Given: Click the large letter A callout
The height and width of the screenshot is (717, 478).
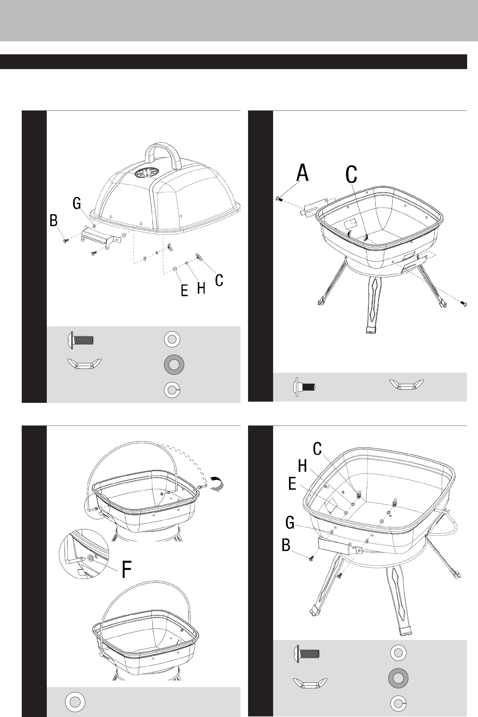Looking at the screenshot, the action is (302, 173).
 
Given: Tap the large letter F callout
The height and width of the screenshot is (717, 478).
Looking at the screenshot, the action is (127, 569).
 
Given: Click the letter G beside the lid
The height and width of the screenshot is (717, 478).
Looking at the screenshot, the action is (77, 203).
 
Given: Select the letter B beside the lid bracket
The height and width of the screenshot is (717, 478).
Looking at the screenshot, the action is (53, 220).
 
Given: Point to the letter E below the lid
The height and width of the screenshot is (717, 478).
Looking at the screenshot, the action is (184, 290).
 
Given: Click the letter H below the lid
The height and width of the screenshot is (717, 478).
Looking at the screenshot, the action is (201, 288).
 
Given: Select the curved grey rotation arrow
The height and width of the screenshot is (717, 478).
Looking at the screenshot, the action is (217, 484).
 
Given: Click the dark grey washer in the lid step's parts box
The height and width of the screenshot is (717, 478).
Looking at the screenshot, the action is (174, 365).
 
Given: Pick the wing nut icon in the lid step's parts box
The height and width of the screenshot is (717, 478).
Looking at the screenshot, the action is (84, 364).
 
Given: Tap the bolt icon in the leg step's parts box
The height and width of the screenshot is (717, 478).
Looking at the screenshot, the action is (304, 387).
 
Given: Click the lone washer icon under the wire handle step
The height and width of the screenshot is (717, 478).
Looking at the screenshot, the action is (75, 702).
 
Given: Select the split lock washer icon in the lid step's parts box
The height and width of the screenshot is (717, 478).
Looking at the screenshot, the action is (172, 390).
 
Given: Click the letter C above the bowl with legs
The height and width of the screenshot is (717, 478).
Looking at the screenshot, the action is (351, 174).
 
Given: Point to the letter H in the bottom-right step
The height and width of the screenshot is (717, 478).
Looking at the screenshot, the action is (302, 466).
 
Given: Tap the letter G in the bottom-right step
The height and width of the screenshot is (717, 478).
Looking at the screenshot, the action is (290, 522).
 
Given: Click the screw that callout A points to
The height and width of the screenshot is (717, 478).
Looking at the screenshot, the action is (279, 199).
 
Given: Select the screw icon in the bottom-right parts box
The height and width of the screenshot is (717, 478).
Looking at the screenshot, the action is (306, 654).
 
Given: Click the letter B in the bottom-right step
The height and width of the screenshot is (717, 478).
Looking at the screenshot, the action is (286, 545).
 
